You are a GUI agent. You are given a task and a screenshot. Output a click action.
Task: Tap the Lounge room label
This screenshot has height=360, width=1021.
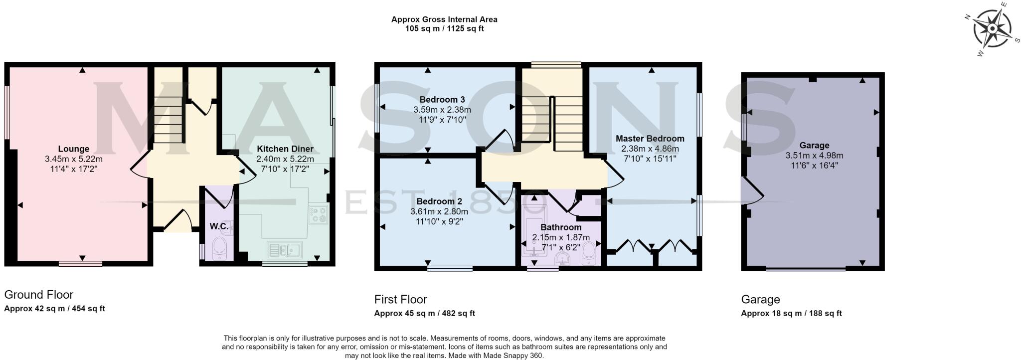point(74,149)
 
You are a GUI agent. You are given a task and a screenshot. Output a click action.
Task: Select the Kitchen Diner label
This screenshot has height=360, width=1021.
point(285,149)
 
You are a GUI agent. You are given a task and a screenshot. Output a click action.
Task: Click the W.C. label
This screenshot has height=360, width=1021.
point(219,226)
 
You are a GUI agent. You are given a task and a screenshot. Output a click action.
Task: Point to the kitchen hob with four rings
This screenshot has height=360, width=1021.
point(318,215)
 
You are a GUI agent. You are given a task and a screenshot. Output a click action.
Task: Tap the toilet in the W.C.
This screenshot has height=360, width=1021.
point(219,248)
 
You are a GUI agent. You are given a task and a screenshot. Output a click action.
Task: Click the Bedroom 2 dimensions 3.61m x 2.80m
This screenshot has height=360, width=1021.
point(439,211)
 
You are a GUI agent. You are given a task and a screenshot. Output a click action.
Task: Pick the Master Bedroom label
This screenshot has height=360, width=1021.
point(650,138)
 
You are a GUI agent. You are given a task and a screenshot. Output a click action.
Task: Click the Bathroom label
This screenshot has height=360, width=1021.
point(561,227)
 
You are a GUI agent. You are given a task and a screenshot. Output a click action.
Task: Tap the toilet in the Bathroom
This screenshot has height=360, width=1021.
point(589,252)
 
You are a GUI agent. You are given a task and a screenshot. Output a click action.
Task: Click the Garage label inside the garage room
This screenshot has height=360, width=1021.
point(814,145)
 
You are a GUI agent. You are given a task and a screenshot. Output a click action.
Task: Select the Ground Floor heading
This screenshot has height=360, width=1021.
point(39,294)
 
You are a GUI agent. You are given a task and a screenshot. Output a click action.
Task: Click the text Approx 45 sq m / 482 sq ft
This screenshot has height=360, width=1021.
point(424,314)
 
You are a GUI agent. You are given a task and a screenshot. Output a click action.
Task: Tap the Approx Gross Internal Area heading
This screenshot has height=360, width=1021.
point(444,19)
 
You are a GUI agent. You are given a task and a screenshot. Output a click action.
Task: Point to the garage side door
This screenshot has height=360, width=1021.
point(751,191)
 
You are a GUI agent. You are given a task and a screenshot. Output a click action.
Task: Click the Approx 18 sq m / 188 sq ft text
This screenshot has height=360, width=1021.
point(791,314)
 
